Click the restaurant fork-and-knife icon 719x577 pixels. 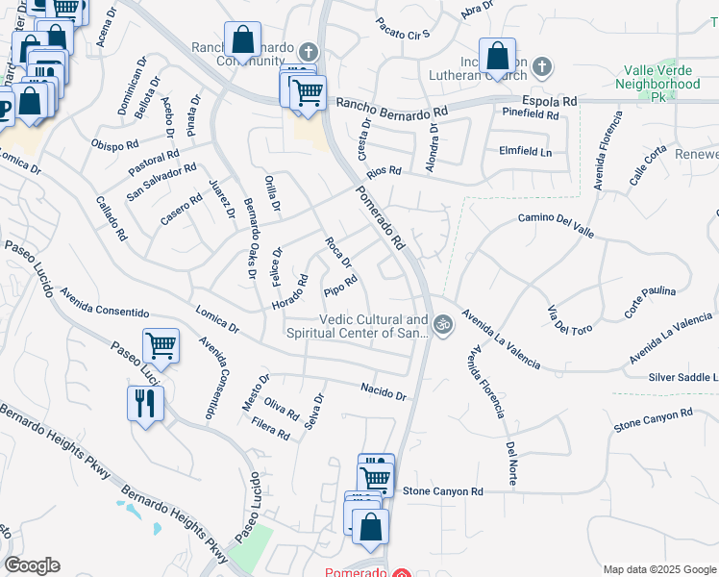point(144,403)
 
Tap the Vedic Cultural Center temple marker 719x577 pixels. point(442,324)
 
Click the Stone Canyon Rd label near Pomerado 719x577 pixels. point(442,491)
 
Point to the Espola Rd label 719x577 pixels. point(550,100)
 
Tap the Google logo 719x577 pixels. point(32,565)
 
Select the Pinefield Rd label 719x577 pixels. point(531,113)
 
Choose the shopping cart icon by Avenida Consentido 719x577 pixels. point(161,345)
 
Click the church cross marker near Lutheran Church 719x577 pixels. point(542,66)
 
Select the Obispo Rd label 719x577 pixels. point(115,145)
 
